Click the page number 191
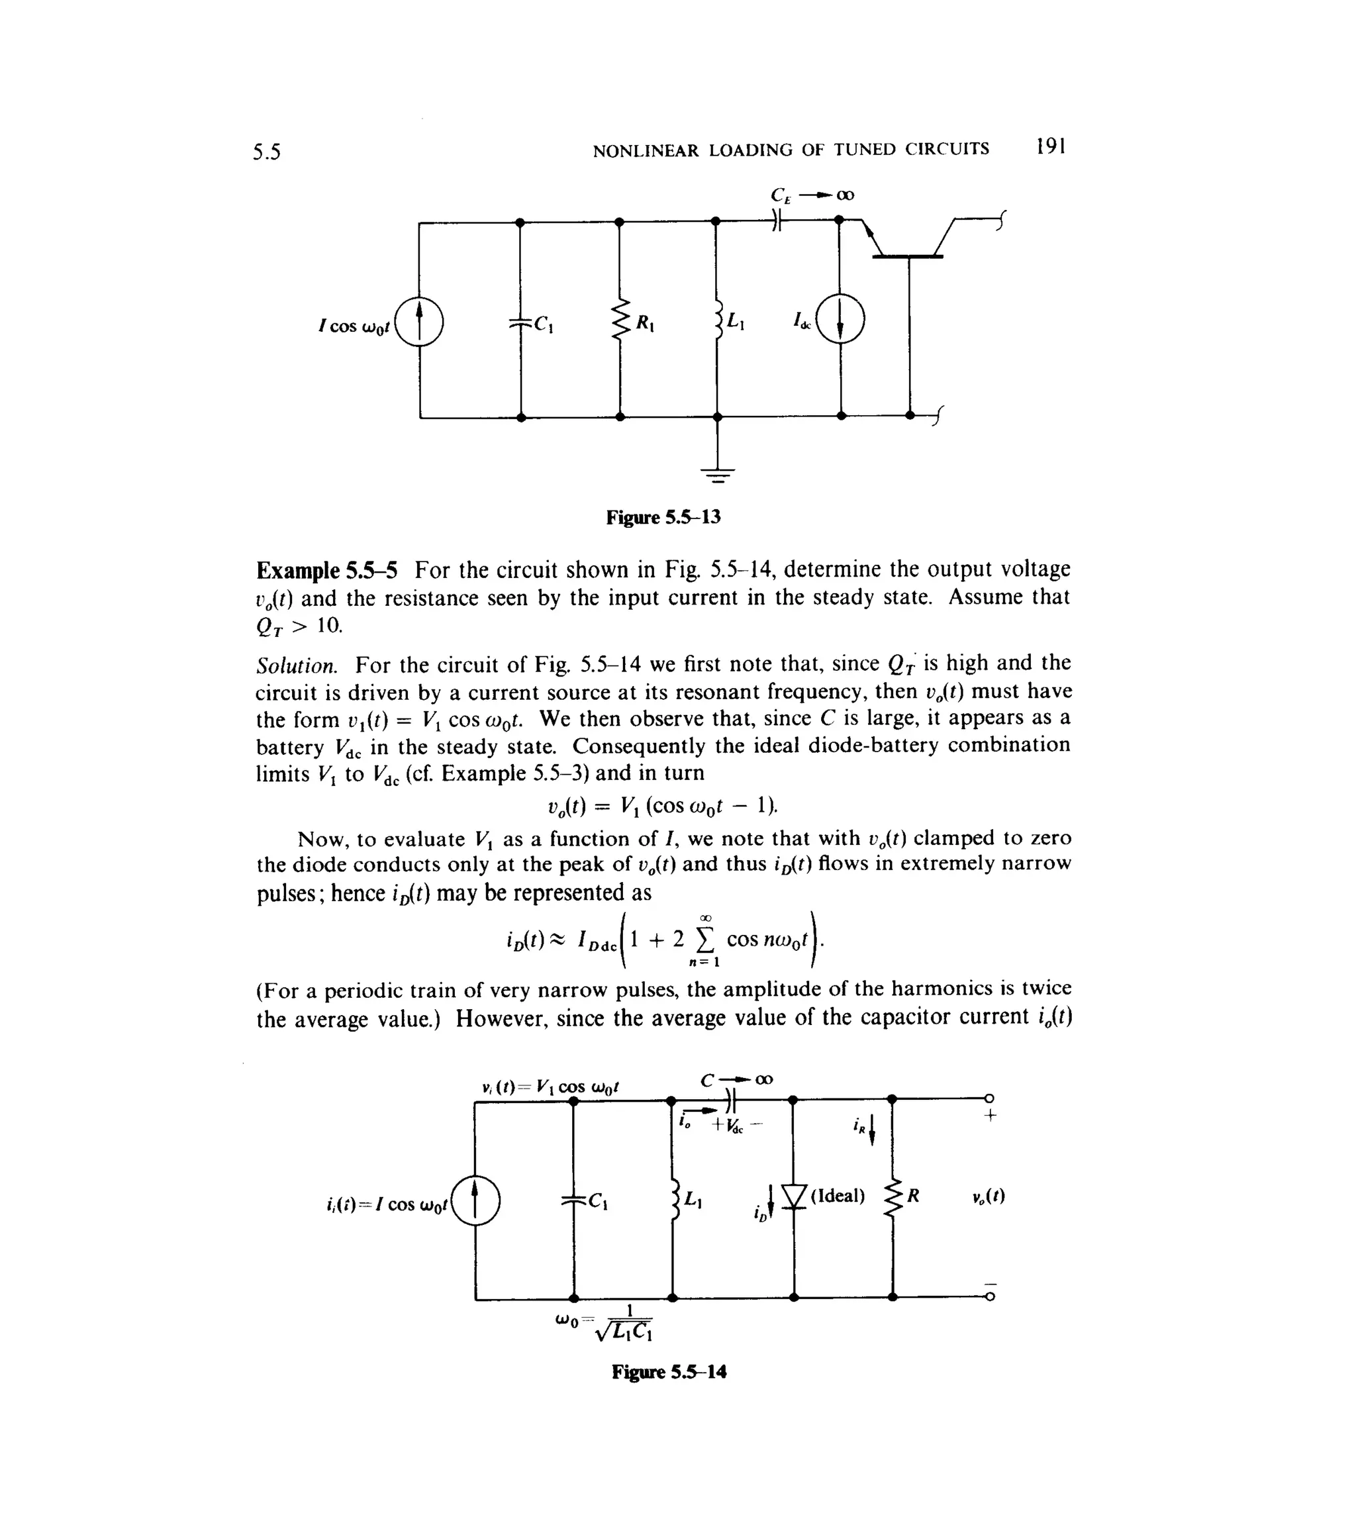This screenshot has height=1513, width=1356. tap(1051, 147)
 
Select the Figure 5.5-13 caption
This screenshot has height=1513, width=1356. tap(663, 517)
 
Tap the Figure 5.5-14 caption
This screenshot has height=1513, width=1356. tap(668, 1371)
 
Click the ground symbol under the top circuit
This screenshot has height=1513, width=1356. tap(718, 474)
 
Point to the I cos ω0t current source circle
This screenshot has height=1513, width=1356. tap(418, 321)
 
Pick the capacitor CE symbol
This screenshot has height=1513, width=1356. tap(777, 220)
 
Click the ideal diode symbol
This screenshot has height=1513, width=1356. tap(795, 1198)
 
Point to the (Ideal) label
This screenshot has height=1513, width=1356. tap(838, 1196)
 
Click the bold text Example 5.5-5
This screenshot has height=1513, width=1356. tap(326, 571)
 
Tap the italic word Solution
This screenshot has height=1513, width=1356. tap(297, 665)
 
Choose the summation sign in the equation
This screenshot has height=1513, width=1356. tap(704, 940)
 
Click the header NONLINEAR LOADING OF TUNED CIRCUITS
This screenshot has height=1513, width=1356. tap(791, 150)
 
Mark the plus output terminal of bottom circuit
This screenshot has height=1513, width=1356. tap(989, 1098)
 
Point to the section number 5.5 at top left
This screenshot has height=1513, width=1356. tap(267, 153)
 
